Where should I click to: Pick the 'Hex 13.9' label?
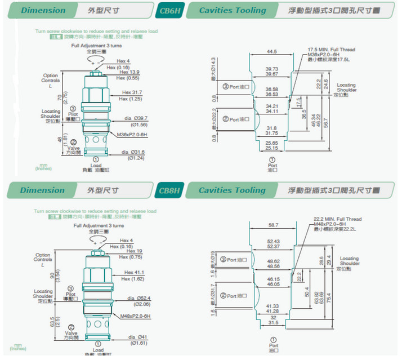coord(129,73)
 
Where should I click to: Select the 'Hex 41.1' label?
coord(133,273)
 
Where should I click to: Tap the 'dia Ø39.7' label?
coord(135,118)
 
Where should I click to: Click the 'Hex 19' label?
coord(133,251)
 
